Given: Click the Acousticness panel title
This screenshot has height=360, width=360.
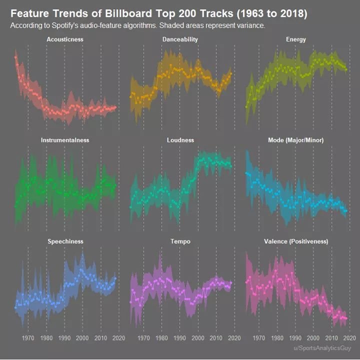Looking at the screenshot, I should pos(65,39).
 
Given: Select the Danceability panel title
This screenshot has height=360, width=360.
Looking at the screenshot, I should pos(180,39).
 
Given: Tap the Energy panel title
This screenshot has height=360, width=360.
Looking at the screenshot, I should pos(295,39).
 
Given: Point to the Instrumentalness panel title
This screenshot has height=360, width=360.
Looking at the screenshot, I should pos(65,140).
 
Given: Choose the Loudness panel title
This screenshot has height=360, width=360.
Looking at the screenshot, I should pos(180,140).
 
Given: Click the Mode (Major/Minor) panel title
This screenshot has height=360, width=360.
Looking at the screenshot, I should pos(295,140).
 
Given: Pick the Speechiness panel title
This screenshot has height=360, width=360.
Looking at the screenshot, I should pos(65,241).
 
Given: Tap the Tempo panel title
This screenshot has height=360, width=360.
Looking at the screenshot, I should pos(180,241).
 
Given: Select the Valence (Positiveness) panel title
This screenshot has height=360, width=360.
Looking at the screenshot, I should pos(295,241).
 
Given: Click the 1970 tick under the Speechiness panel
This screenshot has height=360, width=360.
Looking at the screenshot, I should pos(28,337).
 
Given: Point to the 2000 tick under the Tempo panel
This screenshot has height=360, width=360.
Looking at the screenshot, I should pos(198,337).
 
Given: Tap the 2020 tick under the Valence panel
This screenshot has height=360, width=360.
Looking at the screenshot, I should pos(350,337).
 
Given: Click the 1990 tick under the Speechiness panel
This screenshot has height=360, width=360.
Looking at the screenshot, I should pos(64,337).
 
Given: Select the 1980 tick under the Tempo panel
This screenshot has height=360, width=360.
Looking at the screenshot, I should pos(161,337).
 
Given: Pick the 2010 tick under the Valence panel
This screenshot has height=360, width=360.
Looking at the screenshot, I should pos(331,337).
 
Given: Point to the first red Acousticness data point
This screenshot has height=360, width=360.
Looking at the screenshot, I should pos(16,57).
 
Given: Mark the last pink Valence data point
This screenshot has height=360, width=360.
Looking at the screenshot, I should pos(345,318).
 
